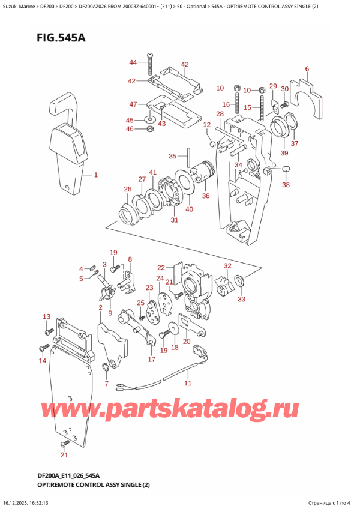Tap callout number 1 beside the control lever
tap(94, 175)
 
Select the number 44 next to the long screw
tap(133, 62)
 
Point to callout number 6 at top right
tap(307, 69)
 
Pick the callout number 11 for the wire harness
tap(187, 382)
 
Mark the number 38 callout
tap(286, 185)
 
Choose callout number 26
tap(127, 190)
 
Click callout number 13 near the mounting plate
tap(46, 316)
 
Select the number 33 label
tap(242, 298)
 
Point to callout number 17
tap(152, 360)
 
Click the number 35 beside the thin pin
tap(173, 156)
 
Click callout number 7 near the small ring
tap(106, 383)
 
